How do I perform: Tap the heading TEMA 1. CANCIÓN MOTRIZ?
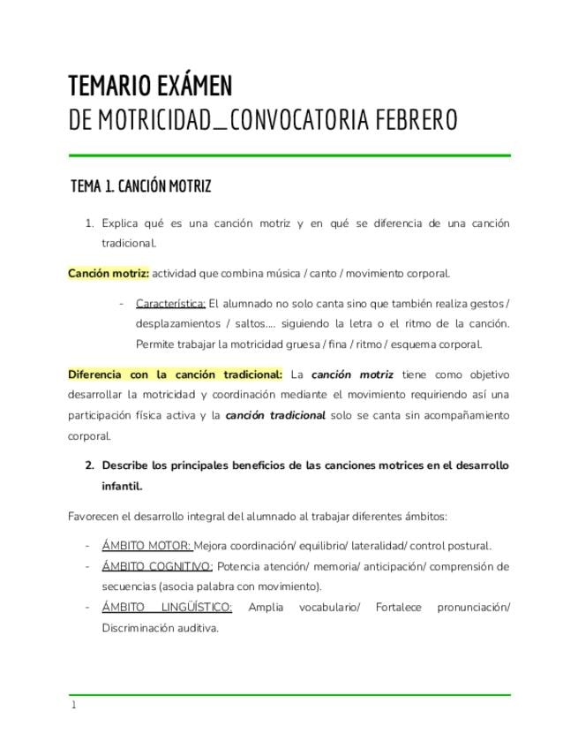[x=141, y=186]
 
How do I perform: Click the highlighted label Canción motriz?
[x=109, y=274]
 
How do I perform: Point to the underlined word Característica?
[x=170, y=304]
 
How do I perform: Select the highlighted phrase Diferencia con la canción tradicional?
[x=175, y=374]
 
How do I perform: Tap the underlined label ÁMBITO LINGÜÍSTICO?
[x=167, y=607]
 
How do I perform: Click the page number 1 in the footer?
[x=74, y=705]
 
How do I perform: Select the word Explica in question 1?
[x=121, y=223]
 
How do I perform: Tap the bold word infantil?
[x=122, y=486]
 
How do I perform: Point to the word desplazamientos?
[x=176, y=324]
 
